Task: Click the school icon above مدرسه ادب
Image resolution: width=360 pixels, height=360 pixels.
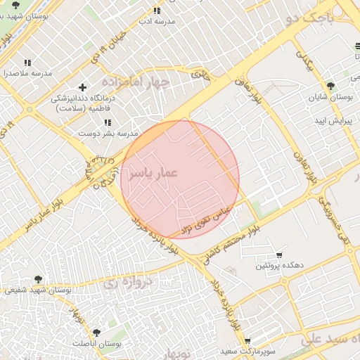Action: pos(157,11)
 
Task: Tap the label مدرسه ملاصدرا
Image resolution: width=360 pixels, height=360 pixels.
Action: pos(27,73)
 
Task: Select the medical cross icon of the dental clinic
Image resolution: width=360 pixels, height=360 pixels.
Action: pos(83,88)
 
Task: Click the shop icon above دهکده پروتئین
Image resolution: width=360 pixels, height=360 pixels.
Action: pos(279,255)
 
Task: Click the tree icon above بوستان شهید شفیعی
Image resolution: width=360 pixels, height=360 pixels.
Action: pos(38,279)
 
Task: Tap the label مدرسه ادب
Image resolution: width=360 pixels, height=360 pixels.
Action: pos(156,22)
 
